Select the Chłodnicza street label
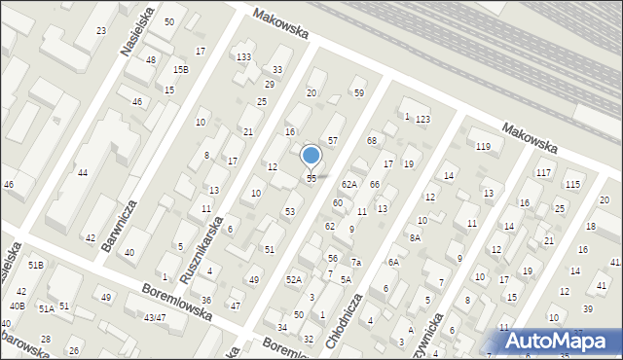click(x=348, y=314)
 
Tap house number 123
click(x=422, y=120)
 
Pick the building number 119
click(x=483, y=147)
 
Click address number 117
click(x=543, y=173)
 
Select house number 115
click(x=573, y=185)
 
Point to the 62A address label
click(x=349, y=184)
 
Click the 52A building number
click(x=293, y=279)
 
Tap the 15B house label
click(x=181, y=70)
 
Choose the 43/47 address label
click(x=154, y=317)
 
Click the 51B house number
click(x=36, y=265)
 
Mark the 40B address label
click(x=17, y=306)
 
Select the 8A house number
click(x=415, y=237)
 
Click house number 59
click(x=359, y=93)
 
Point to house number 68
click(x=371, y=141)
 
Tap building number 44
click(x=83, y=172)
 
